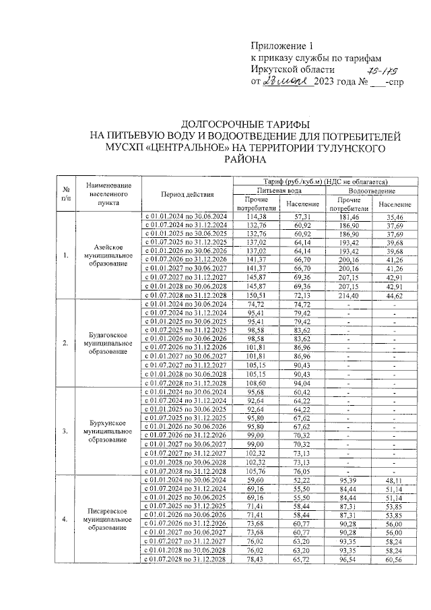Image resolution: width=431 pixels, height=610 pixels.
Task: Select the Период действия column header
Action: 187,195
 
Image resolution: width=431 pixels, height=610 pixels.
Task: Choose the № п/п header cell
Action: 65,195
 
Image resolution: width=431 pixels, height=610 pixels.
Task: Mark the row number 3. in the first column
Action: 65,430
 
